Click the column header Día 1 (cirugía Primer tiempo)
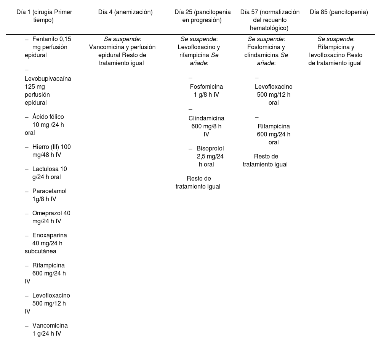tap(44, 16)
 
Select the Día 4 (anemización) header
tap(125, 12)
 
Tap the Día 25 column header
tap(202, 16)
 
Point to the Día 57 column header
tap(270, 20)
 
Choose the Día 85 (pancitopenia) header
tap(339, 12)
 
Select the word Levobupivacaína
tap(48, 79)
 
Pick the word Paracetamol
tap(49, 191)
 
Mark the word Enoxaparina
tap(50, 235)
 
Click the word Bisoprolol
tap(210, 148)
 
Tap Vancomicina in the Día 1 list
tap(50, 326)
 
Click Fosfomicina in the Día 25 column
tap(207, 86)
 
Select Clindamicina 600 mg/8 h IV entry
tap(206, 126)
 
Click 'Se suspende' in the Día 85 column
tap(335, 39)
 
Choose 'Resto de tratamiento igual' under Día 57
tap(266, 160)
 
